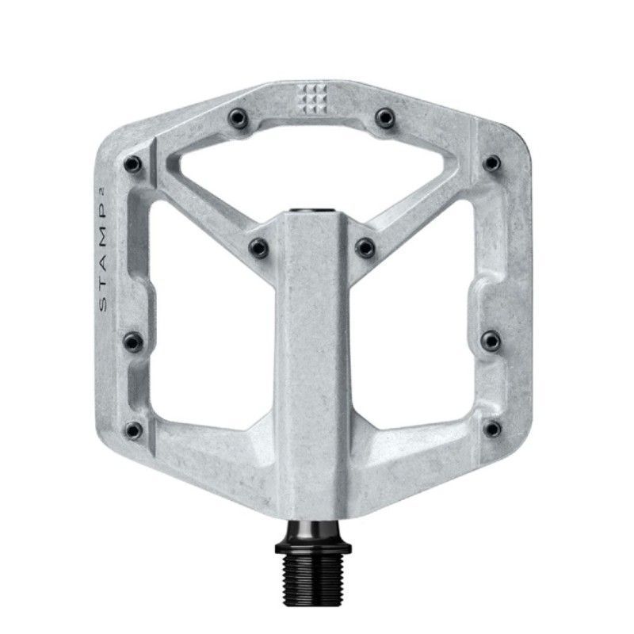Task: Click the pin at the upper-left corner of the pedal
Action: pos(131,164)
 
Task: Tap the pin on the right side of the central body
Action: pos(365,246)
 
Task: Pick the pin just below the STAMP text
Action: pos(129,342)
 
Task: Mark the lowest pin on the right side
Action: pos(492,429)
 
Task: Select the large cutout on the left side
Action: pos(210,317)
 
